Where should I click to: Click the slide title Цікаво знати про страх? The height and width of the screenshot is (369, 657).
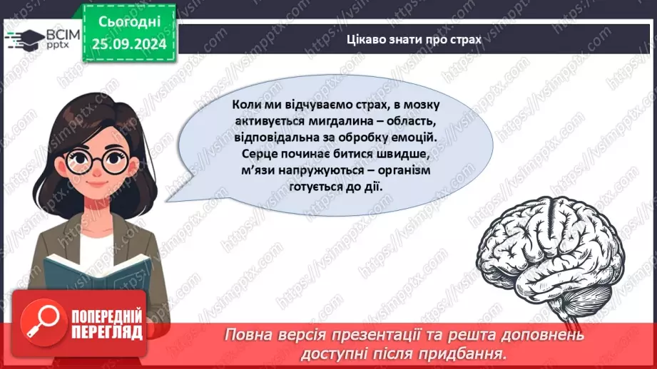(x=414, y=40)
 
